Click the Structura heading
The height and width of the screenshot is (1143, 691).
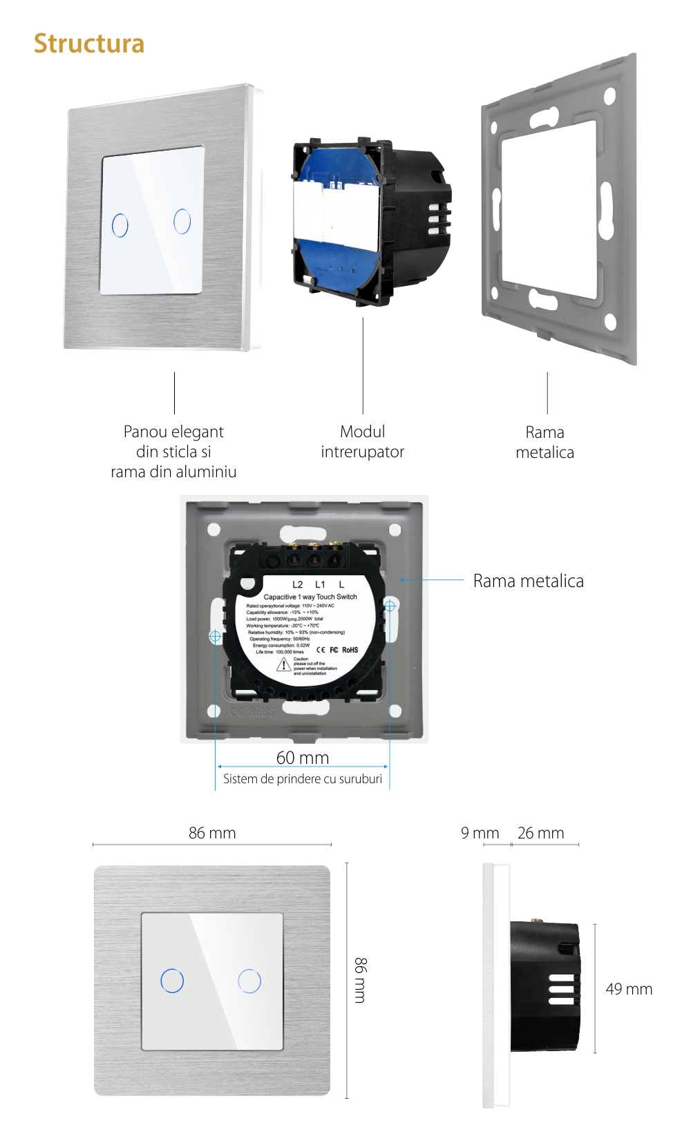click(x=89, y=44)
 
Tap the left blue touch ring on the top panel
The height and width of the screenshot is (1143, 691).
click(x=120, y=225)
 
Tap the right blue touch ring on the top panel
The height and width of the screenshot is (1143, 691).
click(x=182, y=221)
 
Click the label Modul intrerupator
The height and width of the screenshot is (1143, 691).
click(x=362, y=441)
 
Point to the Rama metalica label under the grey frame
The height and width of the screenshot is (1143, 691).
click(x=545, y=442)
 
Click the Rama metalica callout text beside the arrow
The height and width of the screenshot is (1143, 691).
click(x=528, y=581)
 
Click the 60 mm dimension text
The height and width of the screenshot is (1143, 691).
click(x=303, y=758)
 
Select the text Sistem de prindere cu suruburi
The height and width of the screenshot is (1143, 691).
click(x=303, y=779)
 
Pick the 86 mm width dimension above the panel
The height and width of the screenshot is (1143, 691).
click(x=212, y=833)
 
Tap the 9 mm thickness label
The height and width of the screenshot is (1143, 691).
click(x=480, y=833)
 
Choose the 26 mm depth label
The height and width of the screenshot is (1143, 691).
click(x=540, y=833)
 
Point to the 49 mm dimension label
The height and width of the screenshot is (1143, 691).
click(x=629, y=989)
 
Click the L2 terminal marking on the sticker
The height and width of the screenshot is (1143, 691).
click(x=297, y=584)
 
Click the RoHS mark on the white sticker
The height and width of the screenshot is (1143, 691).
click(x=350, y=650)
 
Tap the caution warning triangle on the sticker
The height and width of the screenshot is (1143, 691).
click(x=283, y=665)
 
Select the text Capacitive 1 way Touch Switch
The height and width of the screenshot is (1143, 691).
click(x=310, y=597)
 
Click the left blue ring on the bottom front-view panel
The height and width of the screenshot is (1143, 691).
click(x=172, y=981)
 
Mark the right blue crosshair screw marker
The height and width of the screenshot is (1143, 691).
click(x=390, y=606)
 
